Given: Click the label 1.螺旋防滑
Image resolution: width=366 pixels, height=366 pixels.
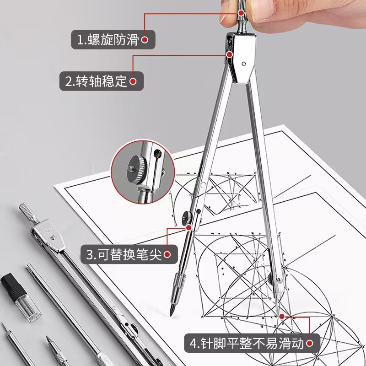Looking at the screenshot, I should point(108,40).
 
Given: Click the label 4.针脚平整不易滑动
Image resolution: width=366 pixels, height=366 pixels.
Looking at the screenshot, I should point(247,343).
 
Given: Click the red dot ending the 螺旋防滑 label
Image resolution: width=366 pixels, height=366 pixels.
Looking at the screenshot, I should point(145,40).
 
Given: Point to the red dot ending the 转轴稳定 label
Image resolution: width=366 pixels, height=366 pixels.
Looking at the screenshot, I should point(133,82).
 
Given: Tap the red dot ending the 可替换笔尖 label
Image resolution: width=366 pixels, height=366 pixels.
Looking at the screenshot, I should point(167,254).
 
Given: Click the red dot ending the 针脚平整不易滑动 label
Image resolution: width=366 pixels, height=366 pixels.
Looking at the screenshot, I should point(310,343).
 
